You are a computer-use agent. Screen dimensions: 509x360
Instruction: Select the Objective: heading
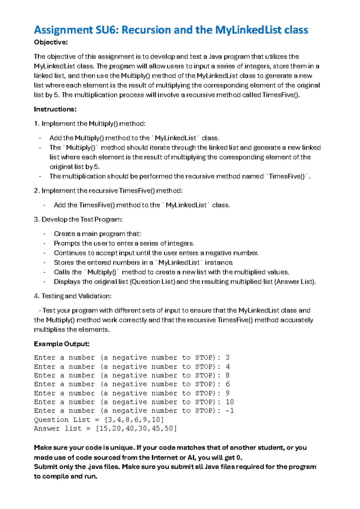51,42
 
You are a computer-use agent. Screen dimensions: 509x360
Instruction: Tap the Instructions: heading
55,109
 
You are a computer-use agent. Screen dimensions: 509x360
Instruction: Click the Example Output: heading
61,344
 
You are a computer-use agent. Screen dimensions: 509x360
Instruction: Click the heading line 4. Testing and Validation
73,296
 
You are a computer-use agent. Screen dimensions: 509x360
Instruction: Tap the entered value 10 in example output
229,402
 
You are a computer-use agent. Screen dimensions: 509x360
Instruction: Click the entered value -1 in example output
229,411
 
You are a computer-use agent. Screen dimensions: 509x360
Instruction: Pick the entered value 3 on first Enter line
227,358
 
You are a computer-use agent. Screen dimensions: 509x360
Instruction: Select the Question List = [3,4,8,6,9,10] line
99,420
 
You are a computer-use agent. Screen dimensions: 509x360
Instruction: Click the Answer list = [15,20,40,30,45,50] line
105,429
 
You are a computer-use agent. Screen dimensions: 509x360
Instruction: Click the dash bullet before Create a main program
44,234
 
